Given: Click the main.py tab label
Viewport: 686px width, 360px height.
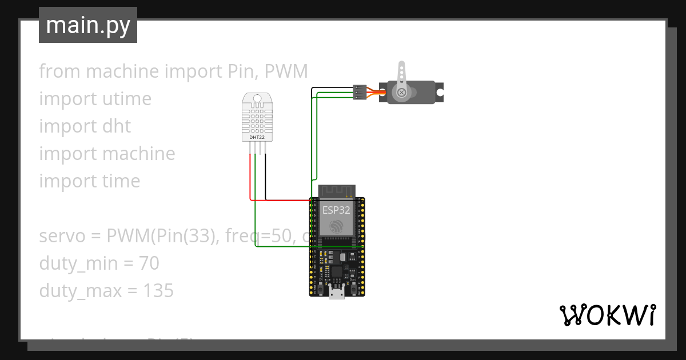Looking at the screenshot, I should coord(87,25).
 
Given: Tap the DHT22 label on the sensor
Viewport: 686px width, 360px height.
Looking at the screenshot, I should coord(257,137).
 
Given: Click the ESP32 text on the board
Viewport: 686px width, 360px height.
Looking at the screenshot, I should coord(336,210).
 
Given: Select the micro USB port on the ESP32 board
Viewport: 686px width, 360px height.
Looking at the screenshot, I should coord(337,293).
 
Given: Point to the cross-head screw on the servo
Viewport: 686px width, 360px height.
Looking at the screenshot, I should coord(402,91).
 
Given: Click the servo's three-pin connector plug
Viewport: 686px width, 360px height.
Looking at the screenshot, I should coord(360,92).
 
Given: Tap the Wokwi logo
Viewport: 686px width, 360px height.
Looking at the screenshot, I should coord(607,315).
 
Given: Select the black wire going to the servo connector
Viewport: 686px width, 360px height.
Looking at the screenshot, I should coord(332,87).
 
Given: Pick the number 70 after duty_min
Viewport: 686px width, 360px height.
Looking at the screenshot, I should coord(148,263).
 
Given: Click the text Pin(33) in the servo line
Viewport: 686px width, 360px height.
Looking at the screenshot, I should coord(185,236).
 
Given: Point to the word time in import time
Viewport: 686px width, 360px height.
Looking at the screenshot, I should coord(119,181).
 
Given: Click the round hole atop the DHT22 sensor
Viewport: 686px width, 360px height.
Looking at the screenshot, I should coord(257,98).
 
